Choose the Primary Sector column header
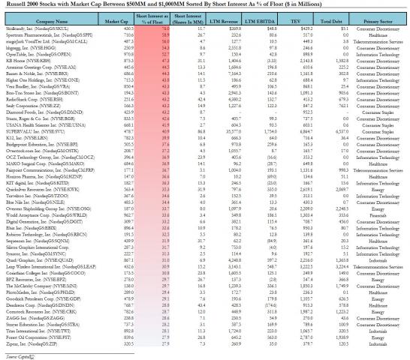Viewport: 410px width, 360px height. [x=384, y=23]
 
